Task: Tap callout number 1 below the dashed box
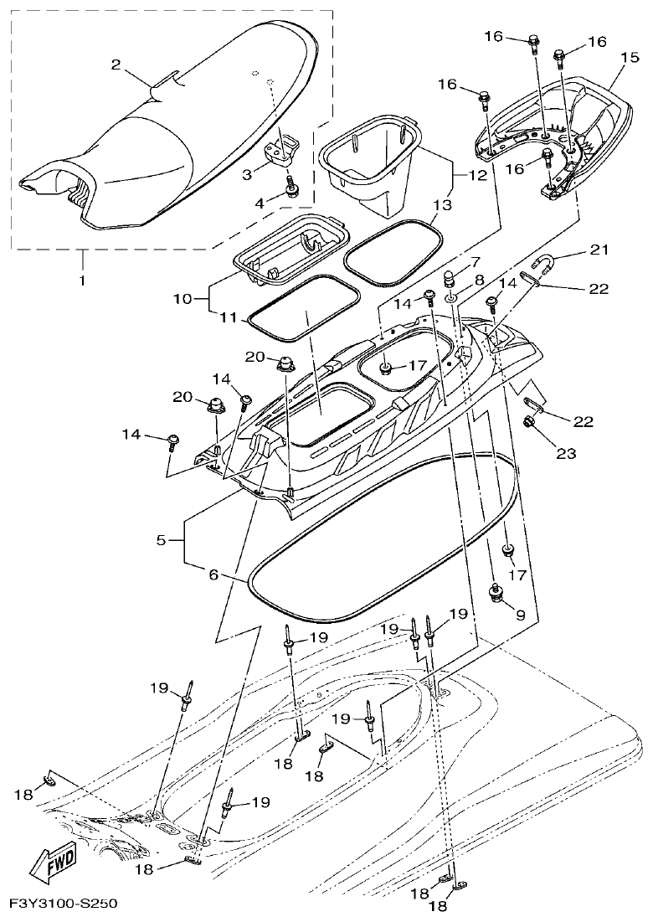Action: (82, 281)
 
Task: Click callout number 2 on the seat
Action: (116, 64)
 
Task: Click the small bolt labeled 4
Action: (292, 191)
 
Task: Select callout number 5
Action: (162, 540)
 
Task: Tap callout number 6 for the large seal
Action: (213, 574)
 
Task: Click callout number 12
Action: (477, 176)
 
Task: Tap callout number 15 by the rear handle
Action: (629, 57)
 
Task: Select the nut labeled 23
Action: (529, 421)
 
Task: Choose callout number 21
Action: (599, 250)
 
